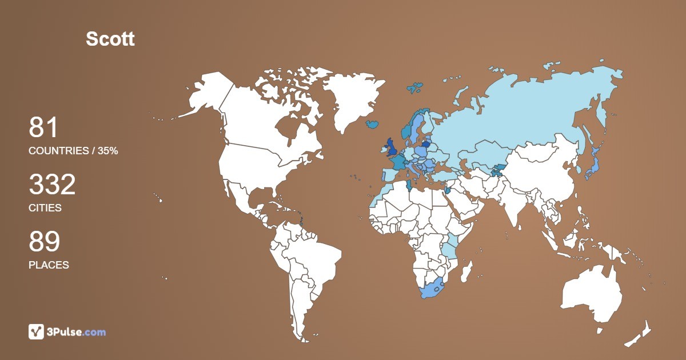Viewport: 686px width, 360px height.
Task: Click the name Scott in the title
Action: (110, 39)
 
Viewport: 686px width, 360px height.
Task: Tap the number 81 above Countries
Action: (43, 127)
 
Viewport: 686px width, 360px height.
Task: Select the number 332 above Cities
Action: (52, 185)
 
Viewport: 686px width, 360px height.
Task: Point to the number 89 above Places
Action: (44, 242)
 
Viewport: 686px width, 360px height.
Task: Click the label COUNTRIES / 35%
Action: (73, 151)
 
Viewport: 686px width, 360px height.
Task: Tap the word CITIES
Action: (45, 208)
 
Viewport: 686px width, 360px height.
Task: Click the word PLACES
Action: (49, 265)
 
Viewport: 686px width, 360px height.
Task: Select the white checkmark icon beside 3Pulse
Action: (36, 331)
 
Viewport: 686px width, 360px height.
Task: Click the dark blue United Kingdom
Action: (392, 147)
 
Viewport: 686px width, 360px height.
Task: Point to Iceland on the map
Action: (373, 123)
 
